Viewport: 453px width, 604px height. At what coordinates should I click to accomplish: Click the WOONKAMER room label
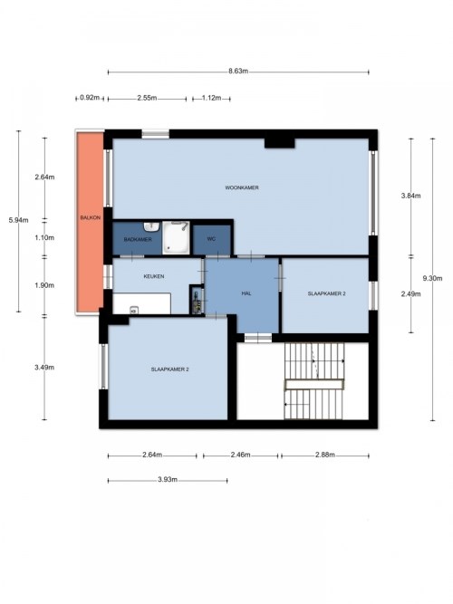pyautogui.click(x=242, y=187)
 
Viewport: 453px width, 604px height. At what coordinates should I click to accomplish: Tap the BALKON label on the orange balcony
pyautogui.click(x=91, y=217)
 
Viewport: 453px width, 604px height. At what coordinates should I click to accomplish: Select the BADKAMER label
pyautogui.click(x=138, y=239)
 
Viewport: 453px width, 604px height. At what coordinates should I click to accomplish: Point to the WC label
pyautogui.click(x=211, y=239)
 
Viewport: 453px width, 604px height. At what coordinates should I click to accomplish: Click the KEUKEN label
pyautogui.click(x=154, y=276)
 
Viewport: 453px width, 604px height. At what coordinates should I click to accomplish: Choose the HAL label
pyautogui.click(x=246, y=293)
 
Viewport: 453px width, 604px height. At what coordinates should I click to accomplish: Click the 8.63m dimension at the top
pyautogui.click(x=238, y=71)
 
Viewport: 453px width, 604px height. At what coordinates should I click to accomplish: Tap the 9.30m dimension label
pyautogui.click(x=432, y=278)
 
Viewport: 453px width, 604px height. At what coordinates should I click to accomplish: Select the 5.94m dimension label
pyautogui.click(x=18, y=220)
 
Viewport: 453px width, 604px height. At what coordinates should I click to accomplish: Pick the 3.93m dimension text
pyautogui.click(x=168, y=480)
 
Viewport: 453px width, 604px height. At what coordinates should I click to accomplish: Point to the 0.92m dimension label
pyautogui.click(x=90, y=98)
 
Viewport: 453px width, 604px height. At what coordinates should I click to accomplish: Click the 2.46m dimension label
pyautogui.click(x=241, y=455)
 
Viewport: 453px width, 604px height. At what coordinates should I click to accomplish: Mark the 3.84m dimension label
pyautogui.click(x=411, y=196)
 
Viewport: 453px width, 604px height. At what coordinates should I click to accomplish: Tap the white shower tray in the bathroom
pyautogui.click(x=176, y=237)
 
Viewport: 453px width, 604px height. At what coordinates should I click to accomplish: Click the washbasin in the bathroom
pyautogui.click(x=152, y=226)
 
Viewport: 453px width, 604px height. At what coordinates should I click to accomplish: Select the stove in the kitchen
pyautogui.click(x=197, y=300)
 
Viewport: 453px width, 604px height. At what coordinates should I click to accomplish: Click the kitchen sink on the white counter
pyautogui.click(x=135, y=310)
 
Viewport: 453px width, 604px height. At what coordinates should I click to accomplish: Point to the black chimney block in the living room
pyautogui.click(x=280, y=143)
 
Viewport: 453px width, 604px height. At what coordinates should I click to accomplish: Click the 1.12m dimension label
pyautogui.click(x=212, y=98)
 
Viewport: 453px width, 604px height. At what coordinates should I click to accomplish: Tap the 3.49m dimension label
pyautogui.click(x=44, y=367)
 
